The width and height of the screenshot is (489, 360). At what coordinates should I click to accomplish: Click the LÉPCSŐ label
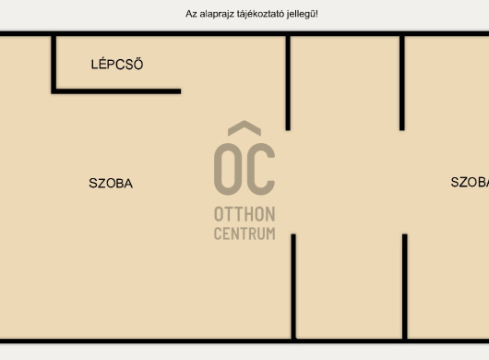[x=117, y=64]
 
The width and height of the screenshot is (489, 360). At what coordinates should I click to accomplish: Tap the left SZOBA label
[x=111, y=183]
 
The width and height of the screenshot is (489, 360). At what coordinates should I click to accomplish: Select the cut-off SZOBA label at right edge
[x=470, y=182]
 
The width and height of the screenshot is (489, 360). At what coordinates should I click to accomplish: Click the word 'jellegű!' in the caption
[x=303, y=14]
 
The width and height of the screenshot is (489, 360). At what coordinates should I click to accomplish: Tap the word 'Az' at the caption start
[x=191, y=14]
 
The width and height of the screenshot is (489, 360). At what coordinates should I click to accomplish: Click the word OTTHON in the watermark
[x=244, y=214]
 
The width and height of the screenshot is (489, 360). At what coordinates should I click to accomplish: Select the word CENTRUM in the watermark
[x=244, y=234]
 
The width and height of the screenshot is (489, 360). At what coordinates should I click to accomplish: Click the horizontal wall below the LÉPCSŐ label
[x=116, y=91]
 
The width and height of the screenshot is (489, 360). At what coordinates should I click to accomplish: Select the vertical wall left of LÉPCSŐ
[x=54, y=65]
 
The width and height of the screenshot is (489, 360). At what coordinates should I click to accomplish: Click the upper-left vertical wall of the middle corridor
[x=288, y=83]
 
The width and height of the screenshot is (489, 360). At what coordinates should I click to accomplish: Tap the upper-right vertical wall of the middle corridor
[x=402, y=83]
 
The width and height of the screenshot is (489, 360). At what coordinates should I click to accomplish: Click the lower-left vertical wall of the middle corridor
[x=293, y=287]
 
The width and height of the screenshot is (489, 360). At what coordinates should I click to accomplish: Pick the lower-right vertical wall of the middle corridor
[x=405, y=287]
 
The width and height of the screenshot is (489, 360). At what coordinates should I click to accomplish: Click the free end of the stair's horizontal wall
[x=181, y=91]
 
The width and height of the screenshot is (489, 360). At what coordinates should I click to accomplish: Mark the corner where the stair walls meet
[x=54, y=91]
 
